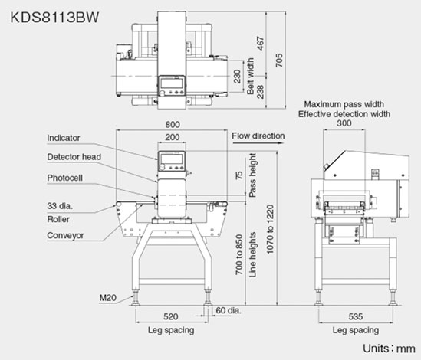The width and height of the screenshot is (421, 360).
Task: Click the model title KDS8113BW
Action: click(x=54, y=18)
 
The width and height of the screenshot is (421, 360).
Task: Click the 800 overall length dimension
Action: click(x=173, y=125)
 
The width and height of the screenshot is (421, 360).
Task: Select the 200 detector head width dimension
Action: click(x=172, y=137)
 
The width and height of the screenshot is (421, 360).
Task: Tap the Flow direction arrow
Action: click(x=258, y=142)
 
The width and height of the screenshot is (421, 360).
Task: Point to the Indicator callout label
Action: click(x=64, y=138)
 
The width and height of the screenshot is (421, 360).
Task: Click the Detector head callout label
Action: click(x=74, y=157)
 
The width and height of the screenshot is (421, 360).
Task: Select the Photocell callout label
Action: click(x=64, y=178)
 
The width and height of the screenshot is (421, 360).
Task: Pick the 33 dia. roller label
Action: click(x=60, y=206)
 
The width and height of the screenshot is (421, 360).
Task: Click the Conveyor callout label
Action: click(x=65, y=235)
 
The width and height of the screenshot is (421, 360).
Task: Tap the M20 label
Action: click(x=108, y=297)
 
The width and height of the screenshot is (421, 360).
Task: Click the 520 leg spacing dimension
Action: click(x=171, y=316)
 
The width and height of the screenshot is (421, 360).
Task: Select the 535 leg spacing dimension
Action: click(x=356, y=316)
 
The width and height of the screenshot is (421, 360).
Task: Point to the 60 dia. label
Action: click(x=229, y=310)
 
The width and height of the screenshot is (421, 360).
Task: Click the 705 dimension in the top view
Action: click(x=279, y=61)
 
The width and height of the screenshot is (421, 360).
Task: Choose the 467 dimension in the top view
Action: click(x=261, y=44)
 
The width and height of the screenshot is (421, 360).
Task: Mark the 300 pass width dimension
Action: click(x=344, y=123)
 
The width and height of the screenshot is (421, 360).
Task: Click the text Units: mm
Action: click(x=389, y=349)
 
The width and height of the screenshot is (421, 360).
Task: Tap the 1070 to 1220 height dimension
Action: click(x=270, y=229)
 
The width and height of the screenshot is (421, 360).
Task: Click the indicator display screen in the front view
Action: click(x=171, y=159)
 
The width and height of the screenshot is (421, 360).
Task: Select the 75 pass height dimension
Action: click(x=239, y=175)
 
